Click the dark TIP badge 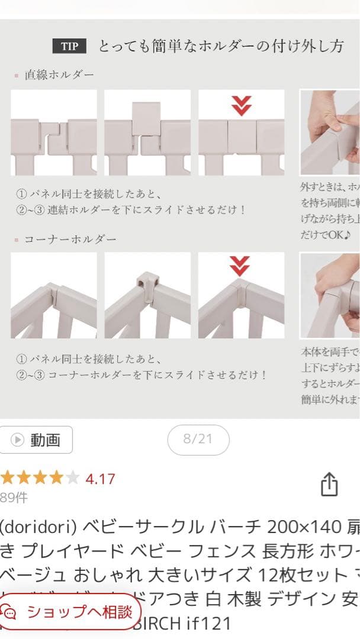coord(69,47)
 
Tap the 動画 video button coord(37,440)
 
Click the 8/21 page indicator coord(198,439)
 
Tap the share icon coord(329,485)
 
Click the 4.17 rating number coord(101,479)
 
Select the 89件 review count coord(14,498)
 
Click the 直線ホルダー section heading coord(59,75)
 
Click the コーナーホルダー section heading coord(70,239)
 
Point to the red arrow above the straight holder coord(241,106)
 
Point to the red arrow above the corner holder coord(239,267)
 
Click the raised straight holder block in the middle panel coord(147,118)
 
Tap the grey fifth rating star coord(72,478)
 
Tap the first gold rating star coord(8,478)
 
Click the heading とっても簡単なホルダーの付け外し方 coord(220,47)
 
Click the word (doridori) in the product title coord(38,526)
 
